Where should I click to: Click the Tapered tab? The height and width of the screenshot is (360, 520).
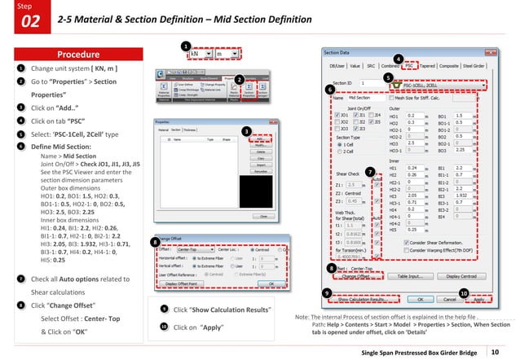point(434,64)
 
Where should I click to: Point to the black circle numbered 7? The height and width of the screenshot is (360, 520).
point(370,171)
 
